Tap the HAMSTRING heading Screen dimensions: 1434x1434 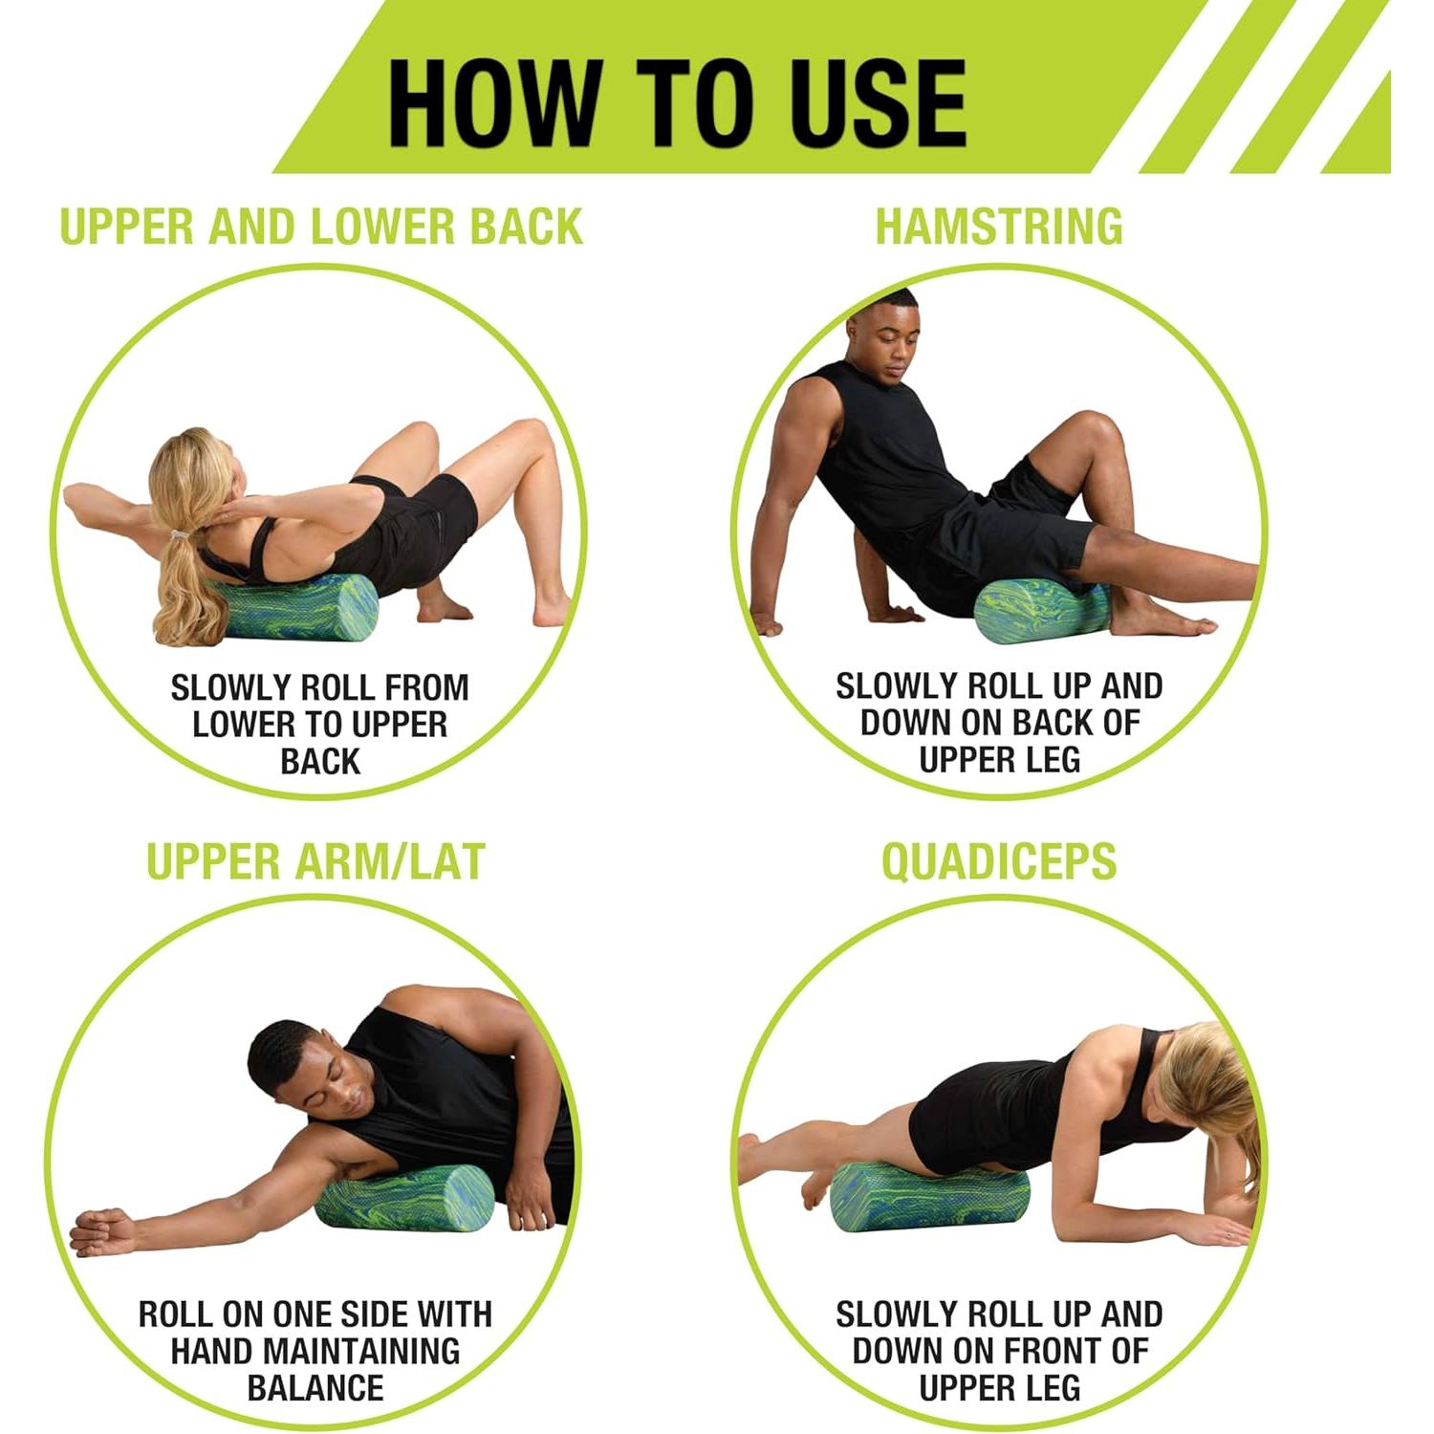point(999,227)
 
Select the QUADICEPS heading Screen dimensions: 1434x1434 point(999,861)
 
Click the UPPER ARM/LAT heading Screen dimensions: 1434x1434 point(315,861)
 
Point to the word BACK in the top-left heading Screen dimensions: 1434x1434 point(526,227)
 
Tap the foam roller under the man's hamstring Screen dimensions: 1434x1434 point(1043,612)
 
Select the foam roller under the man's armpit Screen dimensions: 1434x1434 point(404,1198)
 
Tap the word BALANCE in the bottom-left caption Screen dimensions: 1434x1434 point(315,1387)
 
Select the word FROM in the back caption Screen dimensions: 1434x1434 point(421,687)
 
